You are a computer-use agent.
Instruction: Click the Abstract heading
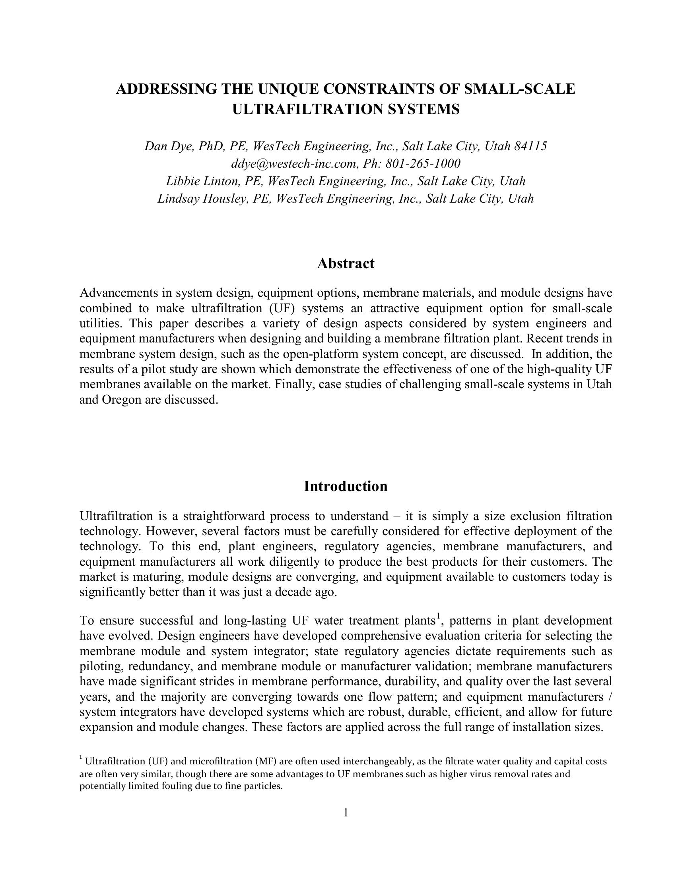tap(345, 264)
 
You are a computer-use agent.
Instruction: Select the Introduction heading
tap(345, 487)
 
